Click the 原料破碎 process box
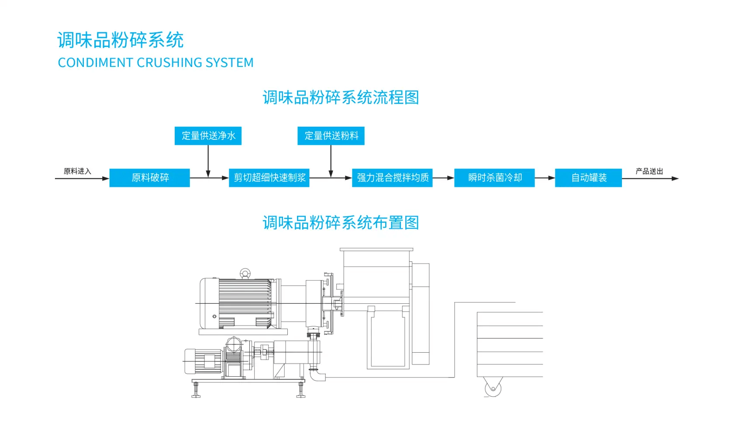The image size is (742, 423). pos(149,178)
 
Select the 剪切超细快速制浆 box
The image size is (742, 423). pos(269,178)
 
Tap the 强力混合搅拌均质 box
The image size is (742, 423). pos(392,178)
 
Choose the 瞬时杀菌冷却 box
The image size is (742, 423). pos(494,178)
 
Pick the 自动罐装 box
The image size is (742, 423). pos(588,178)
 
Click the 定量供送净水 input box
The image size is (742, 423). pos(208,136)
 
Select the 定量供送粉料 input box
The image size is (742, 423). pos(331,136)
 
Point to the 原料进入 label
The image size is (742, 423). pos(77,171)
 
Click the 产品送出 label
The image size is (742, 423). pos(649,171)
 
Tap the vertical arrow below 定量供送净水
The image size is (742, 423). pos(208,161)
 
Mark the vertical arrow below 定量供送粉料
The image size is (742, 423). pos(331,161)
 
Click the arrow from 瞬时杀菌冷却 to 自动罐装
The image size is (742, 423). pos(545,178)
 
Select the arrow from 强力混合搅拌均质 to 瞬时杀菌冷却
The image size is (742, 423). pos(443,178)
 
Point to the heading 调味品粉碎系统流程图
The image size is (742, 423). pos(341,97)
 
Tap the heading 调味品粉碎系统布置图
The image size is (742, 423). pos(341,223)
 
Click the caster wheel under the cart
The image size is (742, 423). pos(493,387)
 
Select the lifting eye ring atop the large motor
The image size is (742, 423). pos(245,274)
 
